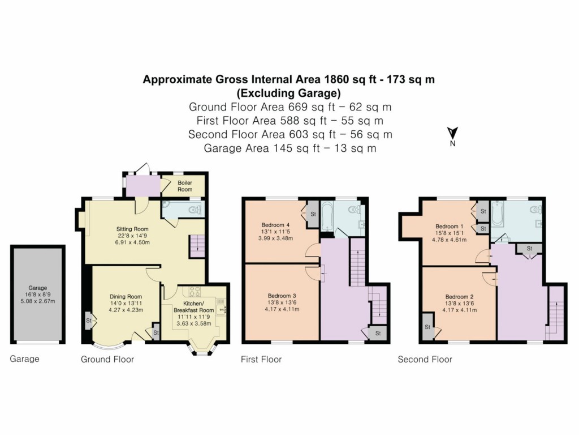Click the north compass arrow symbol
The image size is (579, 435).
click(452, 134)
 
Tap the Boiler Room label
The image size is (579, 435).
click(185, 186)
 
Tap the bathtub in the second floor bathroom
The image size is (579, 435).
click(498, 216)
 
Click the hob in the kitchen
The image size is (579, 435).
click(195, 291)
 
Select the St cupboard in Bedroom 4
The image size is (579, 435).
click(313, 214)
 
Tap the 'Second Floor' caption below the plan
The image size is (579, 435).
click(425, 359)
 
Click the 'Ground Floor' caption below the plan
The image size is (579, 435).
click(107, 359)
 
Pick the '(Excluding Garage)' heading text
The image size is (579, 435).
click(289, 93)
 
